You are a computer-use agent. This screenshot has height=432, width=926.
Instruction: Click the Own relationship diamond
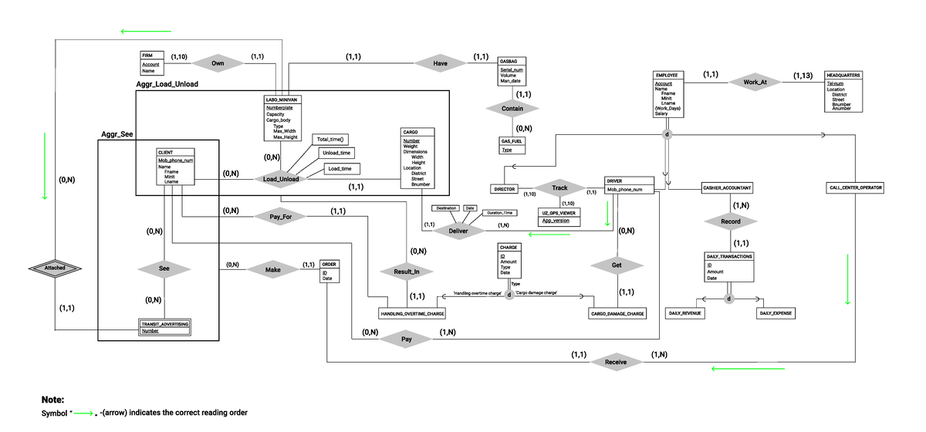(x=218, y=63)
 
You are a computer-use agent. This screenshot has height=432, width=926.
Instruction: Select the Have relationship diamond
(x=440, y=63)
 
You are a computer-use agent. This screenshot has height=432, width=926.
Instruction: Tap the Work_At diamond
(x=755, y=82)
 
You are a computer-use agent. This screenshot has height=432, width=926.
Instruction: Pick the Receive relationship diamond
(x=616, y=362)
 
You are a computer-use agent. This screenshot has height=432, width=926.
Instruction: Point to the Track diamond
(x=559, y=188)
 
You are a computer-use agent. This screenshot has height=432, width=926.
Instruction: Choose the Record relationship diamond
(x=730, y=221)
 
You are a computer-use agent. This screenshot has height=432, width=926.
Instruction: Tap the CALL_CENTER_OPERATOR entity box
(x=856, y=188)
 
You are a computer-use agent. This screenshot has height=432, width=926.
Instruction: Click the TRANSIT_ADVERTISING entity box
(x=164, y=327)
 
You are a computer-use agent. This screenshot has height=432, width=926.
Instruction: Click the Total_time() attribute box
(x=330, y=140)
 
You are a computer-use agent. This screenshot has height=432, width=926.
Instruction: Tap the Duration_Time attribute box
(x=500, y=212)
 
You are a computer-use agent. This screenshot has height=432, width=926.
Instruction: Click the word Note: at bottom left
(x=52, y=400)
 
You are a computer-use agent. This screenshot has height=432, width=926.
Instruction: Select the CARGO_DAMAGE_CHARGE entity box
(x=617, y=314)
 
